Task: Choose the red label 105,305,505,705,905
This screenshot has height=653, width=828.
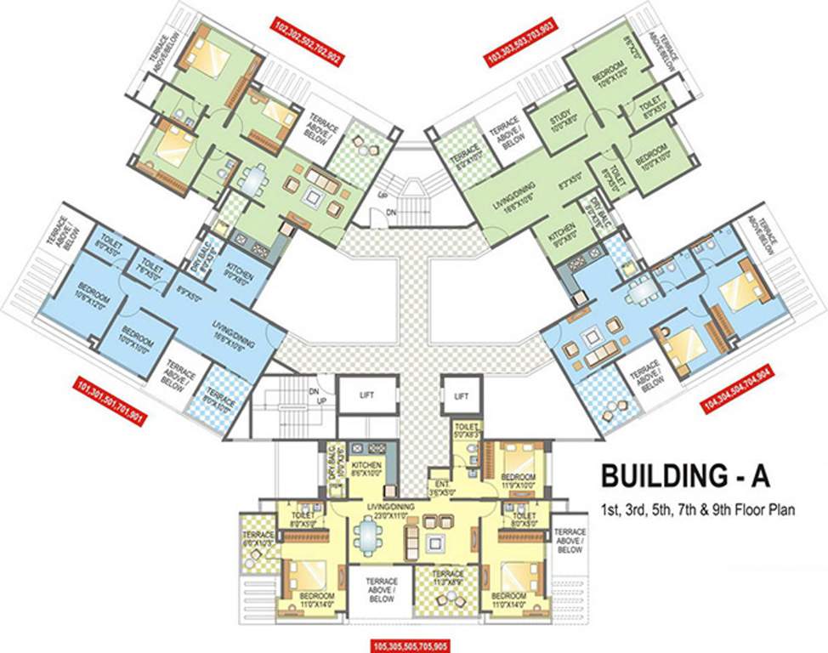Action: [415, 644]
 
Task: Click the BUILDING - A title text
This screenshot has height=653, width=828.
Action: [685, 475]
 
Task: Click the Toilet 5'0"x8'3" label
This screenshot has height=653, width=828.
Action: [468, 430]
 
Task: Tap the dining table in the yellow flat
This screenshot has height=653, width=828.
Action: [366, 538]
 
